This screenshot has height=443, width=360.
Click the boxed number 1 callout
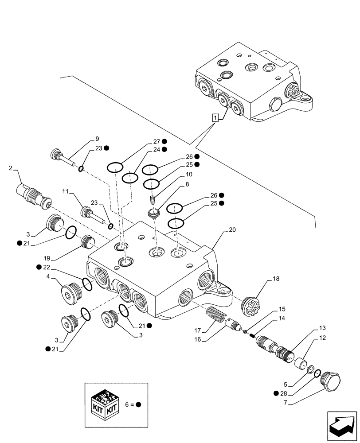[215, 118]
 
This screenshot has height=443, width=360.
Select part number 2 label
[10, 168]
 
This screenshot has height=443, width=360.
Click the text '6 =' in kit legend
[128, 404]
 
